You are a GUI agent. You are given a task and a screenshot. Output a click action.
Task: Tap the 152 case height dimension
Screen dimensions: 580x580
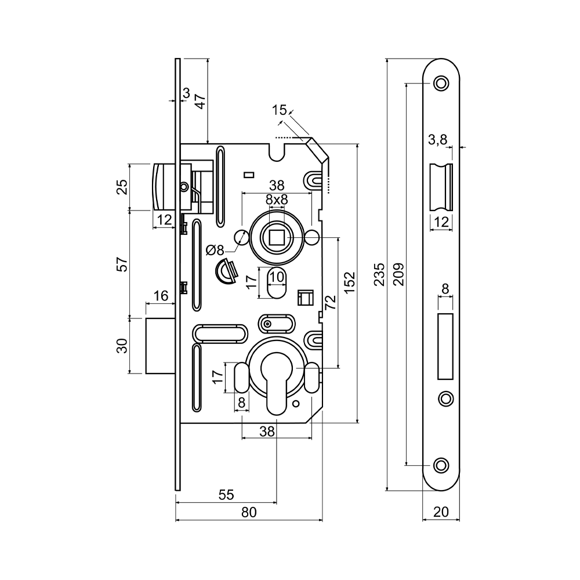tap(349, 282)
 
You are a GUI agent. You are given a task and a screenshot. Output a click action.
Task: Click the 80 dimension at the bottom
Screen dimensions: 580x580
tap(249, 512)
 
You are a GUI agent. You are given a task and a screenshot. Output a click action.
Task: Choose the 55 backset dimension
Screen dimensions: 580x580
tap(226, 495)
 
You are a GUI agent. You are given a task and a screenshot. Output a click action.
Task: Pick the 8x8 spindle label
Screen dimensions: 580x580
tap(277, 200)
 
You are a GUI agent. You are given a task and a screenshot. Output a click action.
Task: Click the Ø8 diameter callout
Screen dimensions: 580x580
tap(215, 251)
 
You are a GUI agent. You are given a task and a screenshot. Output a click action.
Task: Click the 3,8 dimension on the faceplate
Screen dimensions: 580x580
tap(437, 139)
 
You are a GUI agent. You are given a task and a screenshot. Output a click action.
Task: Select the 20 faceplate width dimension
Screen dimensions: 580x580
tap(441, 512)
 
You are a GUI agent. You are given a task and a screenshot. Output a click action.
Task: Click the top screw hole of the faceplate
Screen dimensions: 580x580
tap(441, 83)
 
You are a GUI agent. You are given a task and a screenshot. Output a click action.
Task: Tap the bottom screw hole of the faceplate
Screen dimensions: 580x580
tap(441, 465)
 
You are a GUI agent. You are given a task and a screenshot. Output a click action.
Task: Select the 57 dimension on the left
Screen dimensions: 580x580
tap(121, 264)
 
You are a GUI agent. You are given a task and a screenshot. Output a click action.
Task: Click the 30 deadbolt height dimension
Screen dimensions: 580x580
tap(121, 346)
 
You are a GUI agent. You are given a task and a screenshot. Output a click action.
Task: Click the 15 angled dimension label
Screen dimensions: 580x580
tap(279, 110)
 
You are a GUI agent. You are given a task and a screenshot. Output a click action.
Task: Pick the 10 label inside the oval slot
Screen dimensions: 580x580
tap(277, 277)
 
